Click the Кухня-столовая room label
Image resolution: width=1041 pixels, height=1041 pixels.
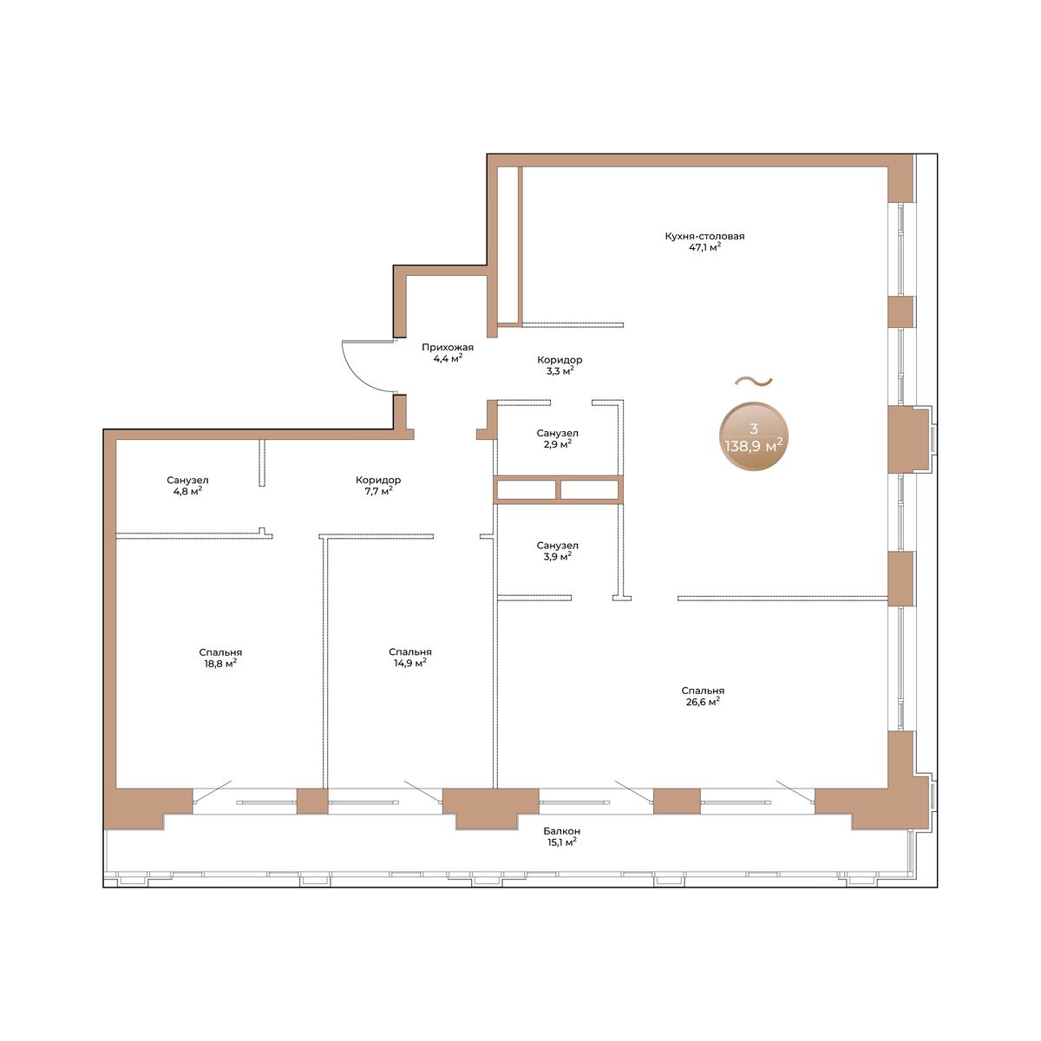(x=704, y=236)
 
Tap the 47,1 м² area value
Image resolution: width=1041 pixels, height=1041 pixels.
(x=704, y=247)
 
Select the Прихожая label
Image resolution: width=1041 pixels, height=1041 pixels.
(x=448, y=347)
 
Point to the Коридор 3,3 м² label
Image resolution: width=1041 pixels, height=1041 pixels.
(x=560, y=365)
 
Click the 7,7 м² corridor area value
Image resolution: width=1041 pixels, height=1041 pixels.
(x=378, y=491)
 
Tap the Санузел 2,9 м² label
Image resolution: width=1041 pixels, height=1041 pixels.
(x=558, y=439)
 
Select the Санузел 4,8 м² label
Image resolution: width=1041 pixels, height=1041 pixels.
(x=187, y=486)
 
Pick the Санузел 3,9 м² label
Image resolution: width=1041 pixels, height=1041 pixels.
(x=558, y=551)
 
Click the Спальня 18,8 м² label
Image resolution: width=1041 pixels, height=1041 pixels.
(x=220, y=658)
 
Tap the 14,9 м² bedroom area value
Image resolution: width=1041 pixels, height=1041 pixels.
(x=410, y=663)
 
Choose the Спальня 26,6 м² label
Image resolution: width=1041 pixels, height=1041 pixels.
(x=703, y=697)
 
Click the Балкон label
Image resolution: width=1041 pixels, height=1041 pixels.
(x=562, y=831)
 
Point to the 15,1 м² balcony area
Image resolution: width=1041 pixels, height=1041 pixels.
(x=562, y=842)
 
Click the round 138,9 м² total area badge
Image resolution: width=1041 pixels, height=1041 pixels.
(x=754, y=436)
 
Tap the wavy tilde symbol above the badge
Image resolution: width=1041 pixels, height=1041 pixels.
(x=753, y=382)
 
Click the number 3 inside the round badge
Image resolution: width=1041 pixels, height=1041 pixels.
(x=754, y=429)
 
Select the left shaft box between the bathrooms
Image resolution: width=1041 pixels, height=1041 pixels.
(x=527, y=489)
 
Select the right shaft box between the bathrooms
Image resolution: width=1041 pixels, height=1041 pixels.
(x=589, y=489)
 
